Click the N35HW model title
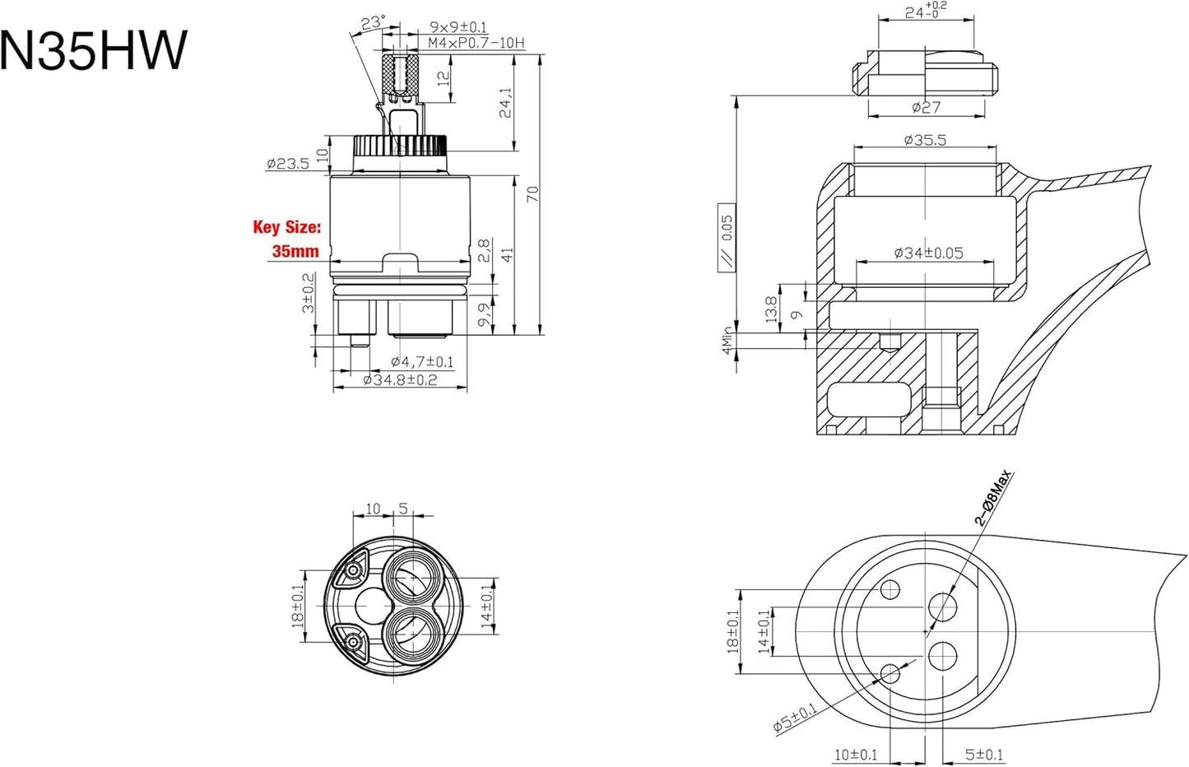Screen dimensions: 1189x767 coord(94,50)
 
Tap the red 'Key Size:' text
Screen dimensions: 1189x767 coord(287,228)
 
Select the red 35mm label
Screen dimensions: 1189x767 coord(295,251)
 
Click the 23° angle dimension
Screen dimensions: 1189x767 coord(373,23)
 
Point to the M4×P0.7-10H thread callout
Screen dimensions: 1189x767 coord(476,43)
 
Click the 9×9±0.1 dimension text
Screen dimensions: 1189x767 coord(459,27)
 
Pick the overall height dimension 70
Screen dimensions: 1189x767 coord(533,193)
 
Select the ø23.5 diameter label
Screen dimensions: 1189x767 coord(288,164)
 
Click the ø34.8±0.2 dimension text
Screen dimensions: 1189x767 coord(400,380)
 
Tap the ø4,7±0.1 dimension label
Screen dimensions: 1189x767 coord(422,362)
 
